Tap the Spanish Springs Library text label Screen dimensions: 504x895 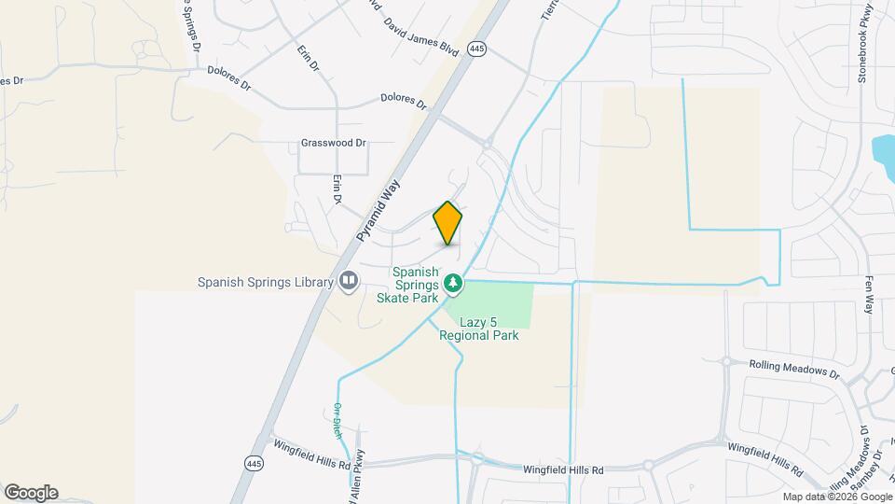coord(265,282)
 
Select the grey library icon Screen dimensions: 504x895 coord(349,280)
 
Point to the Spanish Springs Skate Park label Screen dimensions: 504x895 coord(407,284)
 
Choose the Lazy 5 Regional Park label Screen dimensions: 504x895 coord(479,328)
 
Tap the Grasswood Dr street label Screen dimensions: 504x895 coord(334,144)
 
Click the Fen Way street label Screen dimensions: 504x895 coord(869,294)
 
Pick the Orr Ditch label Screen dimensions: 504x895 coord(337,419)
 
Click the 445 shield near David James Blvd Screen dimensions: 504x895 coord(477,48)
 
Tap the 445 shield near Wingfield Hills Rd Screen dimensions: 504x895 coord(255,463)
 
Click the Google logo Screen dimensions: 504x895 coord(31,493)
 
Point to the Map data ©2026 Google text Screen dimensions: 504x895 coord(836,497)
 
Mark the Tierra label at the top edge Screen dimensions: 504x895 coord(548,9)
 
